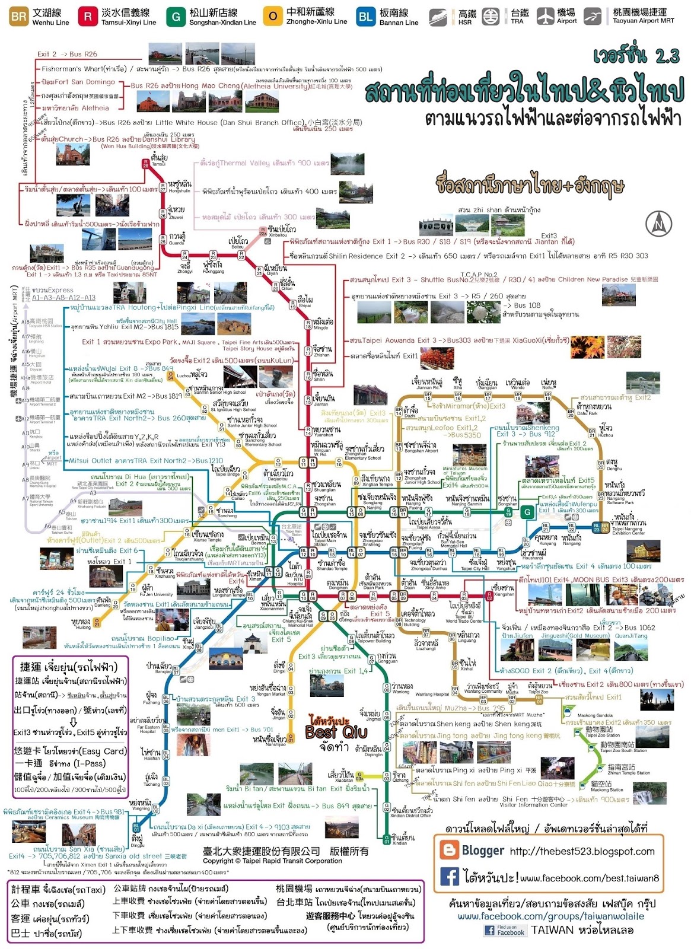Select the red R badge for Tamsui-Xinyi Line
[88, 17]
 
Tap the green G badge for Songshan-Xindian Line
[176, 17]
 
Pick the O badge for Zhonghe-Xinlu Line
[272, 17]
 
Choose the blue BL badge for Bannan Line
[365, 17]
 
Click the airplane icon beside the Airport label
[545, 16]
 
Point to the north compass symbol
[658, 224]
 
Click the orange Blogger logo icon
[449, 851]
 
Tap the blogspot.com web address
[582, 851]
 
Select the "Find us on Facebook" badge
[505, 930]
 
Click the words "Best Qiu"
[336, 732]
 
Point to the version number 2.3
[667, 56]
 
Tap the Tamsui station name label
[159, 159]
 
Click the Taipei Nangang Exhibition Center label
[628, 526]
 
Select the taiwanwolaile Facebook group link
[550, 916]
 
